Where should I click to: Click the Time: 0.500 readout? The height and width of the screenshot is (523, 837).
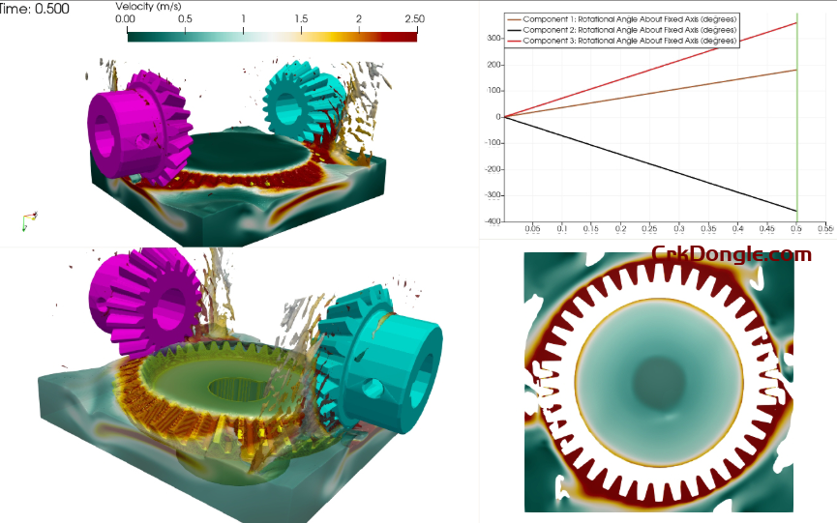(x=34, y=8)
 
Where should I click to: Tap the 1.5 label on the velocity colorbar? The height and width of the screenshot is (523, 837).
(x=300, y=19)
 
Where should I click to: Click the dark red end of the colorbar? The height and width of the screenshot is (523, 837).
(x=406, y=35)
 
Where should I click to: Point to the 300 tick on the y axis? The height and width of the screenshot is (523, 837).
(x=493, y=39)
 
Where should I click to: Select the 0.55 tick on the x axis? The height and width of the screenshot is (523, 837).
(x=825, y=230)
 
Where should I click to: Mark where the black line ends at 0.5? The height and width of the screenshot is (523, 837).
(x=795, y=211)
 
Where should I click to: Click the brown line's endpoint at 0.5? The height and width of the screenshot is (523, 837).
(x=795, y=70)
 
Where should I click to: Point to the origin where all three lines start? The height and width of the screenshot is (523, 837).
(x=504, y=117)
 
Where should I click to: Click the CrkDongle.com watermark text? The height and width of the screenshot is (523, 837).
(x=732, y=254)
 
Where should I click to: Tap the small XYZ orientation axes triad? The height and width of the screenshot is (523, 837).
(x=29, y=221)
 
